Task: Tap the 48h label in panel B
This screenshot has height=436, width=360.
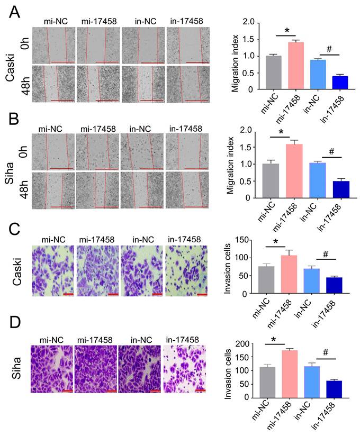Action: tap(24, 189)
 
